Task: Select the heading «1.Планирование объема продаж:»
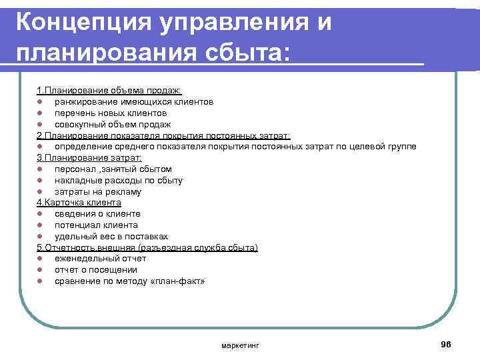[109, 90]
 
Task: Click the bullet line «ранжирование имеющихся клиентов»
[134, 101]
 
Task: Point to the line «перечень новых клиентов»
[111, 113]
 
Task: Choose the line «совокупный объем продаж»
[113, 124]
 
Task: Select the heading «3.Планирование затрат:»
[89, 158]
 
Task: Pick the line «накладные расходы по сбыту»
[119, 181]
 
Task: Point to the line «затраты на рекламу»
[98, 192]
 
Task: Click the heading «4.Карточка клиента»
[79, 203]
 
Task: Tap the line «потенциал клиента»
[97, 225]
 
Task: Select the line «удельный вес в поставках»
[111, 237]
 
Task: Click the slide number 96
[446, 343]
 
